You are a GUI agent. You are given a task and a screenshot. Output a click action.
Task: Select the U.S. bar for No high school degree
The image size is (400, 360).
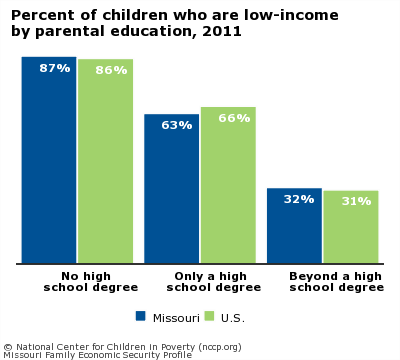(x=105, y=170)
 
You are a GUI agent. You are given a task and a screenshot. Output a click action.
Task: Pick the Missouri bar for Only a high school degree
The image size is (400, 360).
(x=172, y=195)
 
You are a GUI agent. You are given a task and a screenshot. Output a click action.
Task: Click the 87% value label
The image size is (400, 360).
(x=55, y=68)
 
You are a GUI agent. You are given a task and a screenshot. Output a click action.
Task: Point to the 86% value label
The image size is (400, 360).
(x=111, y=70)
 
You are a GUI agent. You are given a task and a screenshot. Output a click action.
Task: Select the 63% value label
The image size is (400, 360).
(x=177, y=125)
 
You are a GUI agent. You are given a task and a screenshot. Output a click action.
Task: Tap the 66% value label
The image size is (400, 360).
(x=234, y=118)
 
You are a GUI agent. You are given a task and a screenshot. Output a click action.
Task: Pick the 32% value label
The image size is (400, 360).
(x=299, y=199)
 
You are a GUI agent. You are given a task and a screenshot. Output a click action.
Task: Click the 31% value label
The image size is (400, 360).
(x=356, y=201)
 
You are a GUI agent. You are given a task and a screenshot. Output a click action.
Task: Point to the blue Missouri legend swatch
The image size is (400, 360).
(x=141, y=316)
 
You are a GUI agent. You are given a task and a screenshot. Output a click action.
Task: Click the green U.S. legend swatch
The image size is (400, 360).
(x=210, y=316)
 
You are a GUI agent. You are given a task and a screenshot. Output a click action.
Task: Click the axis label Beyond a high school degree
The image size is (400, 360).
(x=336, y=281)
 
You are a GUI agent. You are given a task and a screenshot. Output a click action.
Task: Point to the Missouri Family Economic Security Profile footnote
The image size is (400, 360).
(x=97, y=354)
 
